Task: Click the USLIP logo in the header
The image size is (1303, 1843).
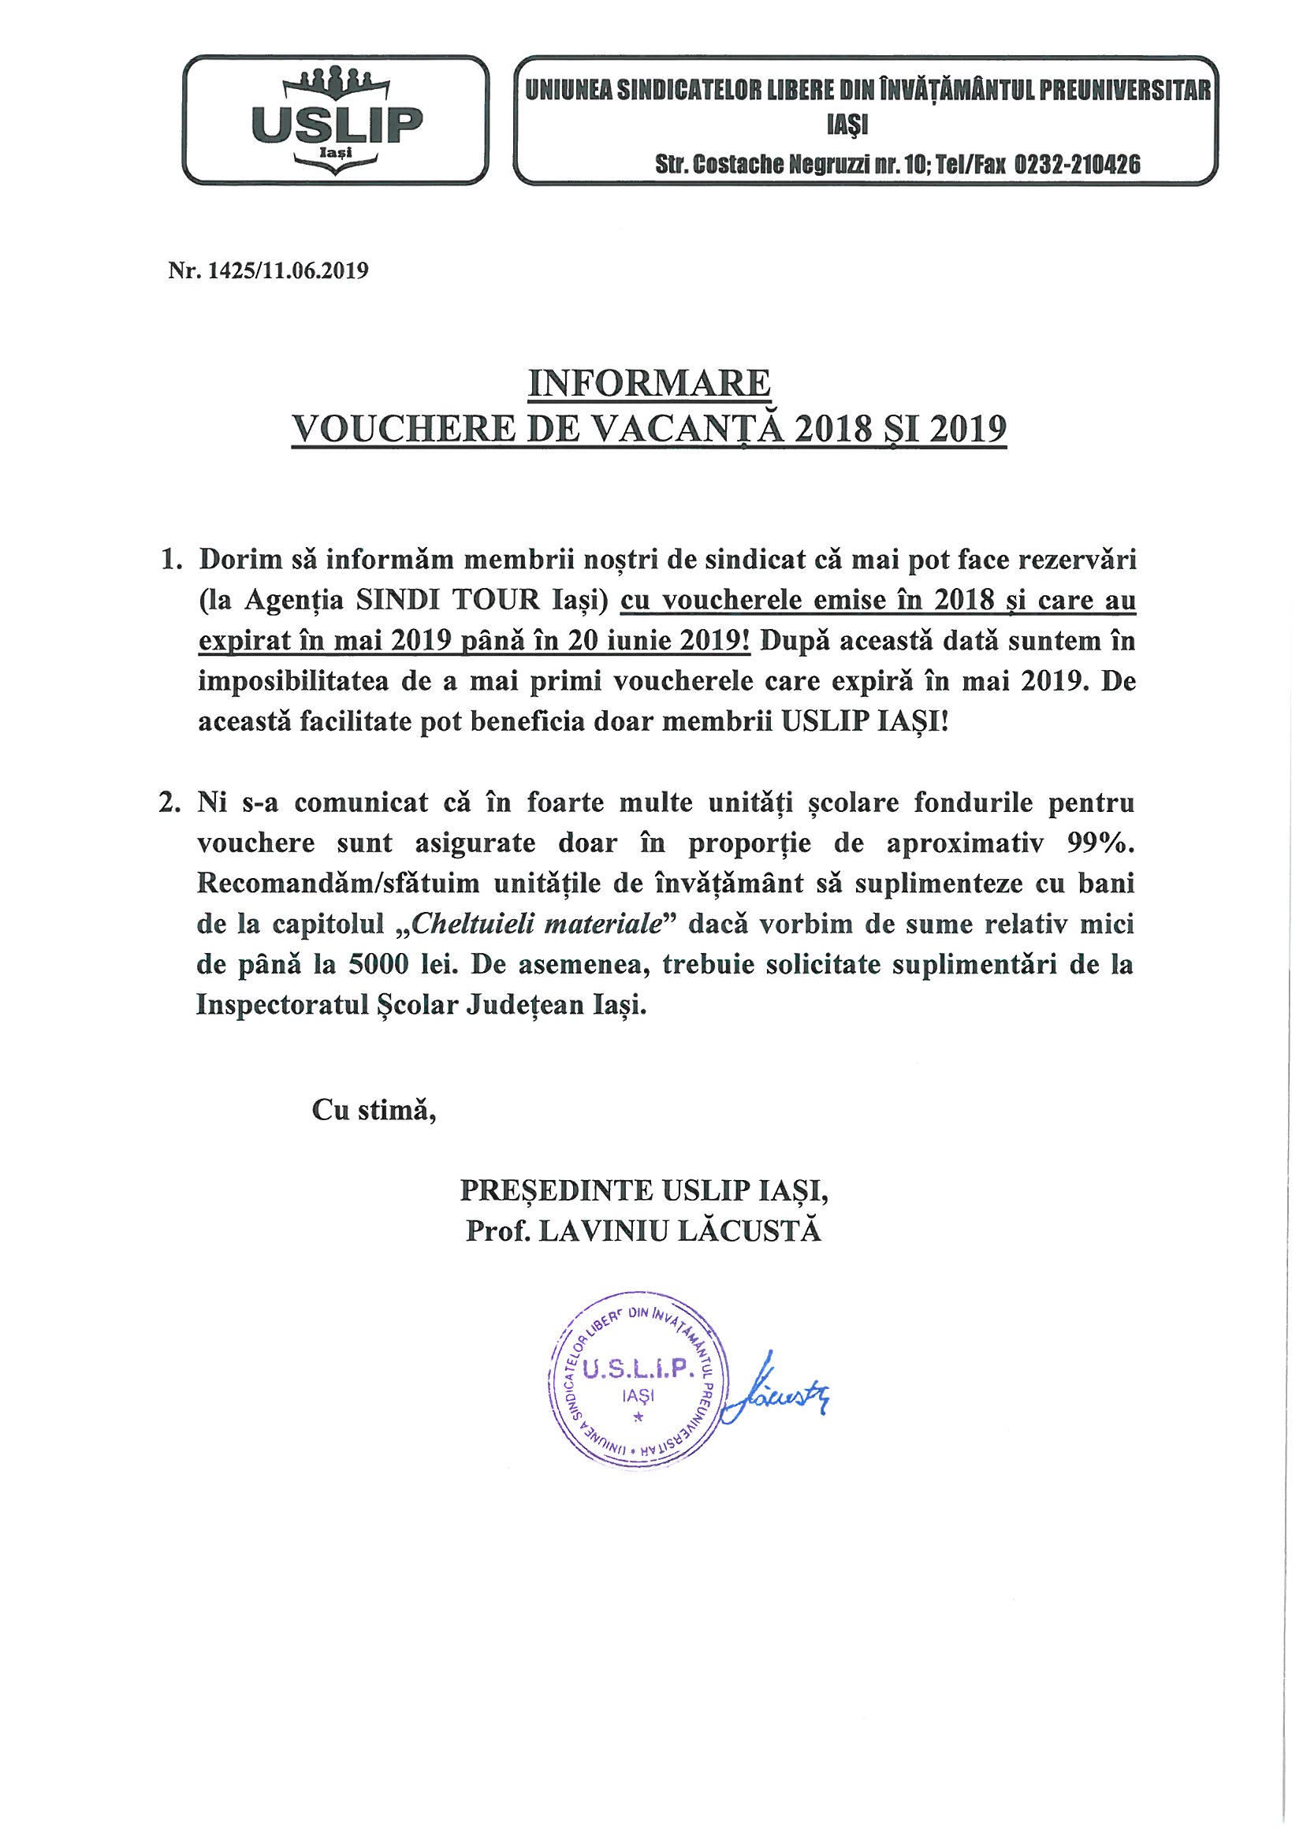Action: (x=337, y=121)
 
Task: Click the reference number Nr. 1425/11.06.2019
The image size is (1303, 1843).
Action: (x=268, y=271)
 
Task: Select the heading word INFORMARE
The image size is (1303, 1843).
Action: (x=649, y=384)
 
